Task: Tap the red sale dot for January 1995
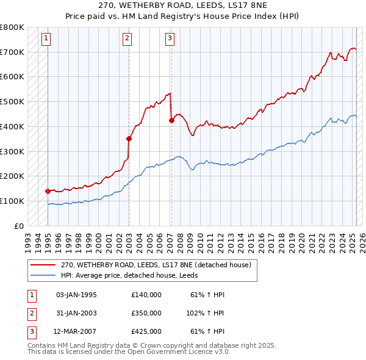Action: [48, 190]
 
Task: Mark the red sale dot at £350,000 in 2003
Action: [129, 139]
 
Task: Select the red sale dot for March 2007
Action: [171, 120]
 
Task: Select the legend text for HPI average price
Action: [130, 276]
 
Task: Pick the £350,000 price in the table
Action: [146, 313]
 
